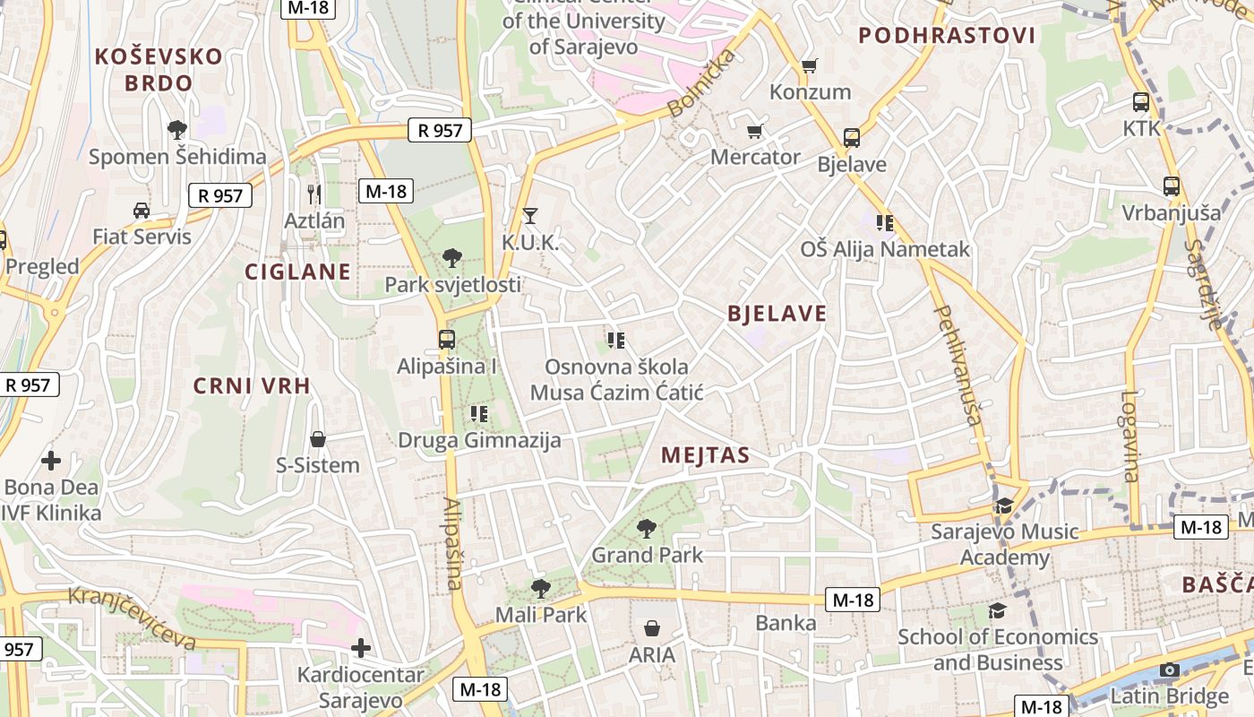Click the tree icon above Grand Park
645,528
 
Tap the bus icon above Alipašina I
446,340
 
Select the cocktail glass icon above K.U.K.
529,215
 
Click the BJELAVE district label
777,314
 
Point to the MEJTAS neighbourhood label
705,455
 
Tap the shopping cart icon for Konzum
809,65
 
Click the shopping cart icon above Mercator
754,131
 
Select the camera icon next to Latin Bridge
1169,669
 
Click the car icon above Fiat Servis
141,211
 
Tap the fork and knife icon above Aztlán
313,194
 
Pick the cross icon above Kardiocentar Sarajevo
360,647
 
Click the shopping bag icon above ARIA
652,628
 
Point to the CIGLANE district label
298,272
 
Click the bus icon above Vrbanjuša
1171,186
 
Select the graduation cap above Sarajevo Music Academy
1004,505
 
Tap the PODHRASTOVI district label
947,36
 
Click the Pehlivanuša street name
959,363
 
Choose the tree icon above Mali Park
540,588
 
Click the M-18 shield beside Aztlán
386,190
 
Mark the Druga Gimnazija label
479,440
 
